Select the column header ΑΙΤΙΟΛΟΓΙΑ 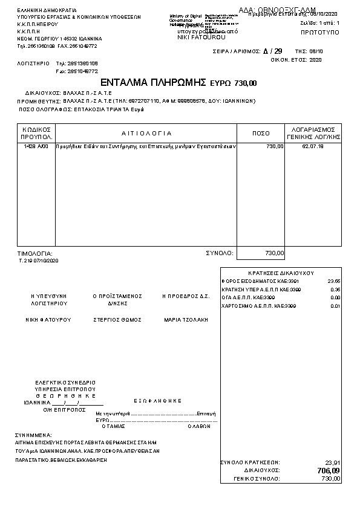146,133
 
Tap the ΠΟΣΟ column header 261,133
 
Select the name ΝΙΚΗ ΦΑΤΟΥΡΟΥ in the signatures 48,319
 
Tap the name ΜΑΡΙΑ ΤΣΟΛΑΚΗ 186,319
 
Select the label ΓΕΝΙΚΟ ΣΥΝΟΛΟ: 257,478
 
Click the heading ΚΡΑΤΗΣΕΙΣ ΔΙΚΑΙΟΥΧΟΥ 281,273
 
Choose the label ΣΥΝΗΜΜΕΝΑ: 34,435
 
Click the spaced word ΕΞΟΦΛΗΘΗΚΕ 157,400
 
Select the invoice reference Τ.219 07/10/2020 39,261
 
